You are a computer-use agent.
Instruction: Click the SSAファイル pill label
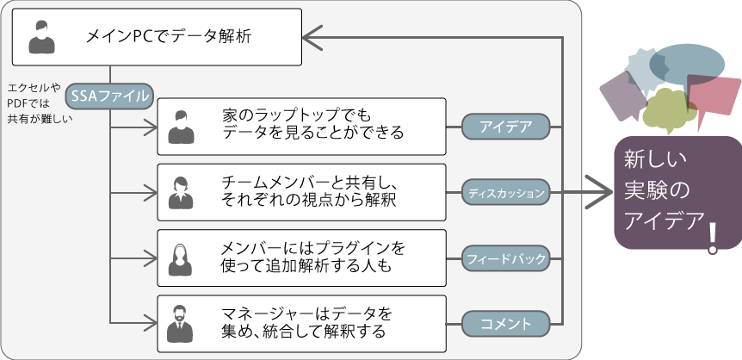110,96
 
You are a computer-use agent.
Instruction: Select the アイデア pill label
506,127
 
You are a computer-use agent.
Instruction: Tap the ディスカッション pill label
506,193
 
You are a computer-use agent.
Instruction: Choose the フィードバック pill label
506,258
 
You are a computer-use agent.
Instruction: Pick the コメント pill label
506,325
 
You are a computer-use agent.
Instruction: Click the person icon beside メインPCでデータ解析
41,37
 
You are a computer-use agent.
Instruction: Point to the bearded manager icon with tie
180,324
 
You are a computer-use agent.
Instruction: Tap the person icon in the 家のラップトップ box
182,127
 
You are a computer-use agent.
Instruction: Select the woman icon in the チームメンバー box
181,193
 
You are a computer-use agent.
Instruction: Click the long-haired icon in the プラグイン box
180,259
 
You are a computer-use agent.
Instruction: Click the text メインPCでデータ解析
169,36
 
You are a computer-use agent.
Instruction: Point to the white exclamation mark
713,239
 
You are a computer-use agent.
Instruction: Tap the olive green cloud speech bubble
668,110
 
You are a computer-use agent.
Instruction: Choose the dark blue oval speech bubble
686,65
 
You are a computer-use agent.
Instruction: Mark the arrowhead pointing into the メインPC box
312,37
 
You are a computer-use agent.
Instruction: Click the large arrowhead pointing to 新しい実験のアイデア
599,192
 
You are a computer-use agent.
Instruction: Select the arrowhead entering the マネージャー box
150,324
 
